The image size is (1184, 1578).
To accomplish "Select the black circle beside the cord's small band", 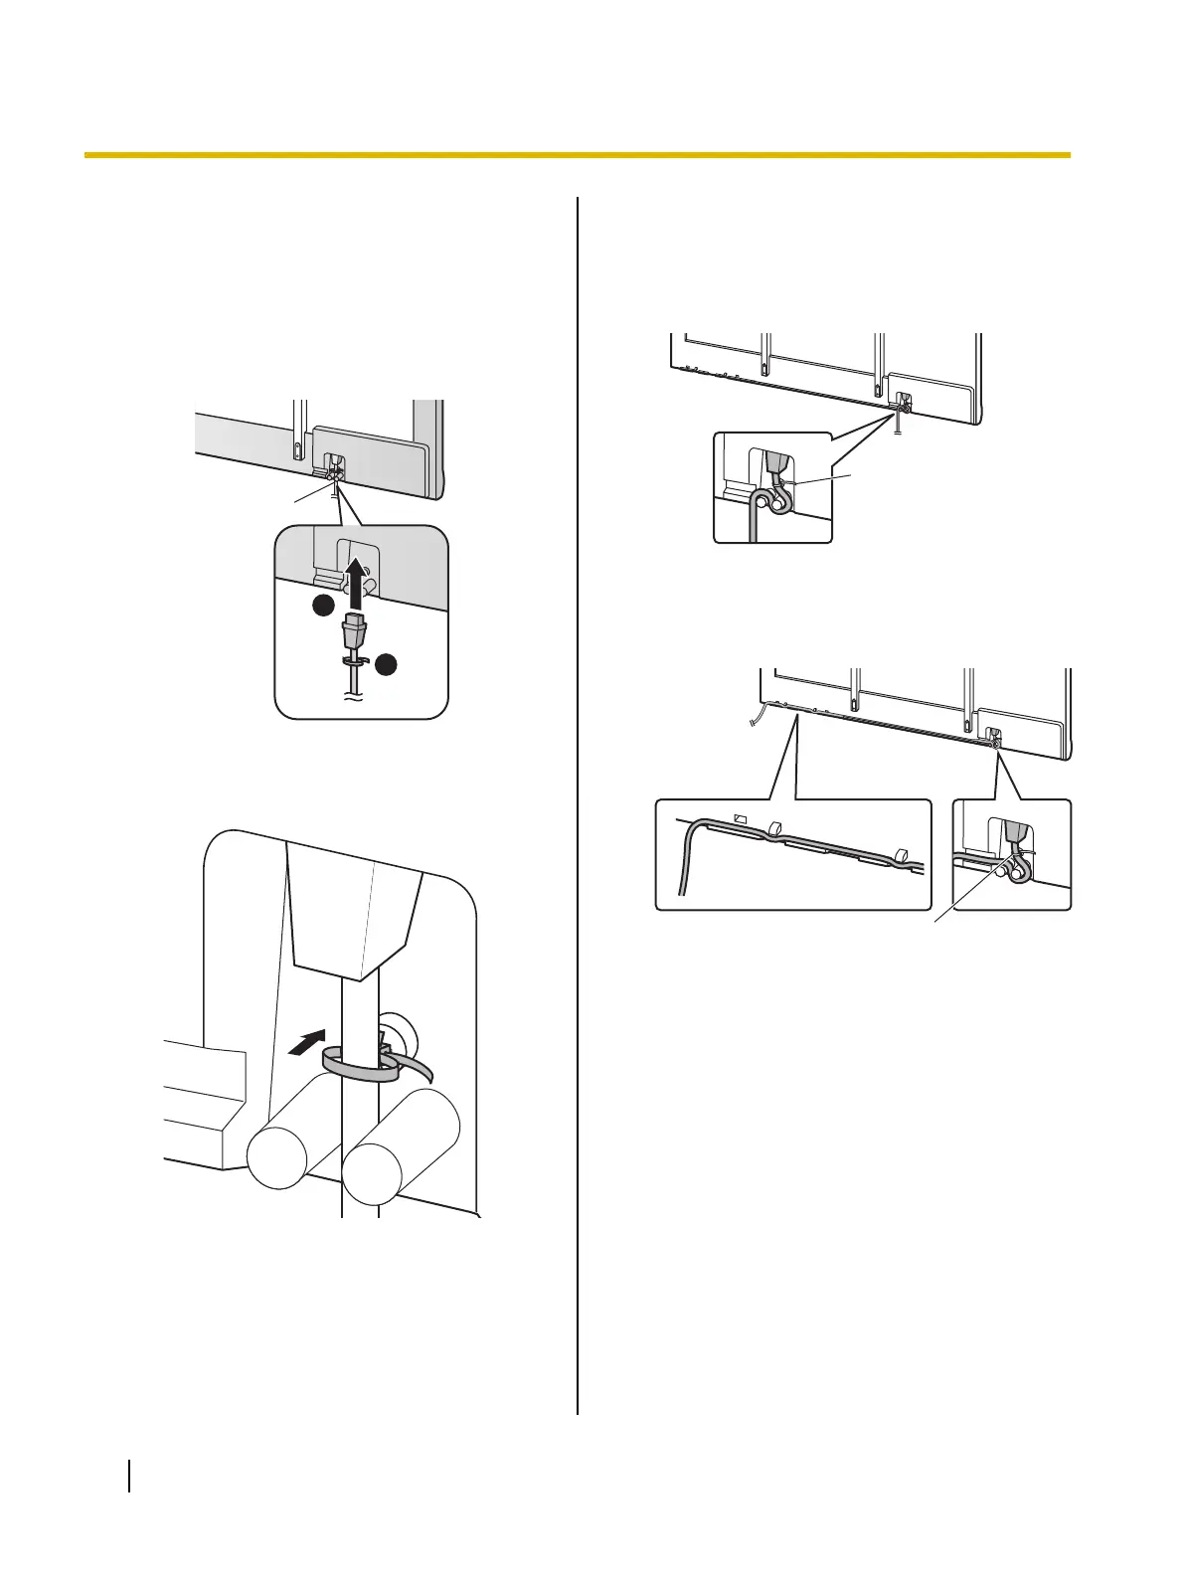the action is point(386,663).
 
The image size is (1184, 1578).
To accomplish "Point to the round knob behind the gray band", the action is point(403,1039).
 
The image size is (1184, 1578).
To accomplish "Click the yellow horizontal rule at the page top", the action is point(577,155).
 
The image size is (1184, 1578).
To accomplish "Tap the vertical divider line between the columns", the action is point(578,795).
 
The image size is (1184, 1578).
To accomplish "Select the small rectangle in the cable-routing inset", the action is point(739,817).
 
